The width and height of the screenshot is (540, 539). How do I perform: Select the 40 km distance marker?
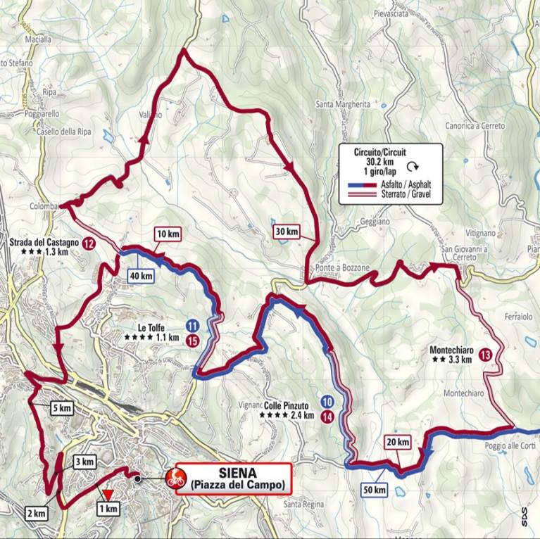point(140,276)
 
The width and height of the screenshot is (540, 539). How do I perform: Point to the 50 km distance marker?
point(376,489)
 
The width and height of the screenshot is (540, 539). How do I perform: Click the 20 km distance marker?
point(398,442)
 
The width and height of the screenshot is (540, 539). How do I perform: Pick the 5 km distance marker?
point(61,407)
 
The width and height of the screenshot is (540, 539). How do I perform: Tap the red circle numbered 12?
point(89,243)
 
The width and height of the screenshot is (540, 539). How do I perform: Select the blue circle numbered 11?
point(192,326)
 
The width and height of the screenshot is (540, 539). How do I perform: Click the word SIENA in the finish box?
point(237,472)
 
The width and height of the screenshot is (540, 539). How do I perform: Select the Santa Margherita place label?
point(343,104)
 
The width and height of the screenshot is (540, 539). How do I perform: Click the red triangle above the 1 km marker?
point(107,495)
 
